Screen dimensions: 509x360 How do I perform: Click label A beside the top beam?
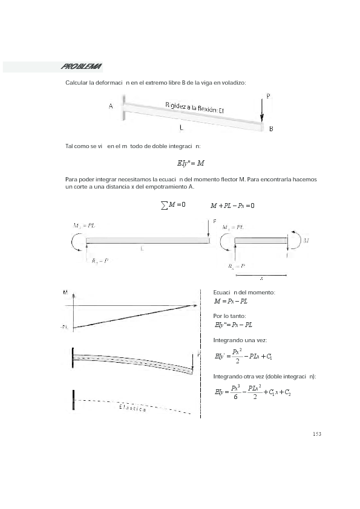coord(111,106)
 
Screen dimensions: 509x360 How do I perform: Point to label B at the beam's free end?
coord(271,129)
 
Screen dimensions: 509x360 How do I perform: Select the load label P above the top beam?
coord(267,96)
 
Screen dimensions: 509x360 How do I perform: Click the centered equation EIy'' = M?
coord(191,163)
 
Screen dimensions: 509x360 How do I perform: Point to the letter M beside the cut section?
coord(306,240)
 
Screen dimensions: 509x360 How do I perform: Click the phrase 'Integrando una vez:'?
coord(237,340)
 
